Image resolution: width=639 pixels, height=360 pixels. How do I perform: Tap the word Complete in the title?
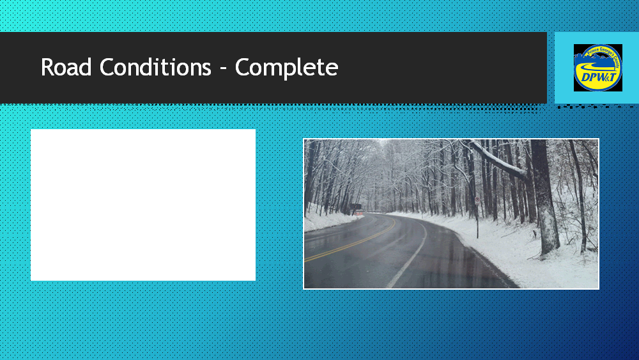click(x=286, y=67)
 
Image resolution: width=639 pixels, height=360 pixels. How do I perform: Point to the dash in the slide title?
click(x=223, y=68)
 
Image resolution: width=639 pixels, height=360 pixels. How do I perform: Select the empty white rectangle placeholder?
click(x=143, y=205)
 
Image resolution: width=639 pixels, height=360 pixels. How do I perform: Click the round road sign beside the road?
click(x=477, y=201)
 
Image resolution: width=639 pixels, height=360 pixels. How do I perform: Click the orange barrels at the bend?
click(x=360, y=212)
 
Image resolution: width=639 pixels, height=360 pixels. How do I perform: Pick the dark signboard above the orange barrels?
click(x=355, y=205)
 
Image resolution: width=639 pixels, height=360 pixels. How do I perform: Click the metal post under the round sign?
click(x=477, y=221)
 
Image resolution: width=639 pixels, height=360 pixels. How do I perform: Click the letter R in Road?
click(x=47, y=67)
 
